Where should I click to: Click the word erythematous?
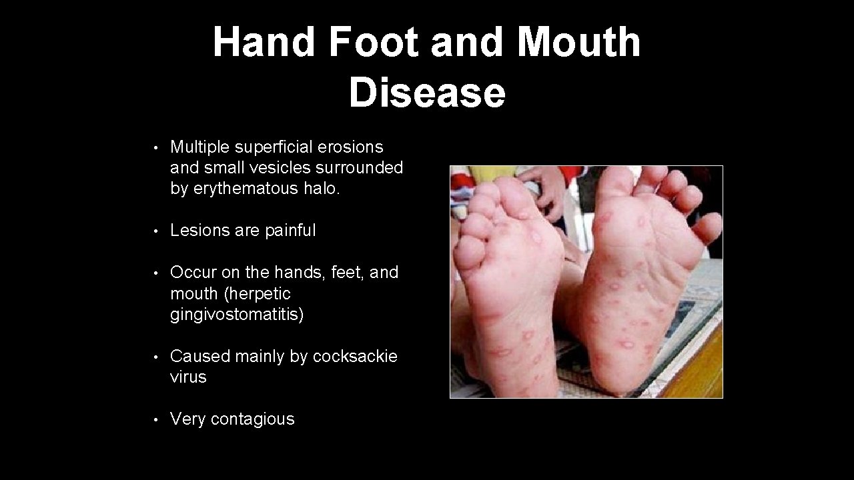pos(252,189)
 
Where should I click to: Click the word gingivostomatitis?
pos(237,314)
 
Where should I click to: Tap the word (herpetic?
pos(257,293)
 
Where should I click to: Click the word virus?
pos(188,377)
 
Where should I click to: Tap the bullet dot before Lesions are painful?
pos(154,231)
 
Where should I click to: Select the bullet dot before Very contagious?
pos(154,420)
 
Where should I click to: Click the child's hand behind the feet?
pos(547,187)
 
